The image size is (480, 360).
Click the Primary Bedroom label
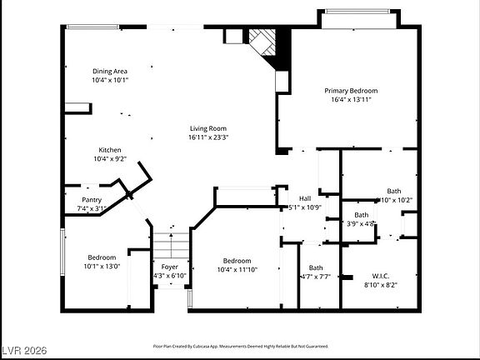point(351,90)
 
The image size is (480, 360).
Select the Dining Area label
point(108,72)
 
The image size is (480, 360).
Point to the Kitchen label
point(109,150)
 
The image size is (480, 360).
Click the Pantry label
point(92,200)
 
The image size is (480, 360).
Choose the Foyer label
point(170,267)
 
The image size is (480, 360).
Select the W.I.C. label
point(380,276)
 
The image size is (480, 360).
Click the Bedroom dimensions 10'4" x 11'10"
point(237,268)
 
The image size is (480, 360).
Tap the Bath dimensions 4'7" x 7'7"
point(315,276)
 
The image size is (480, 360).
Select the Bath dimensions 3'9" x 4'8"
point(361,222)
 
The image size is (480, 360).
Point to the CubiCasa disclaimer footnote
point(240,344)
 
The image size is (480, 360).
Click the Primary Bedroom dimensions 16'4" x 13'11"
point(351,99)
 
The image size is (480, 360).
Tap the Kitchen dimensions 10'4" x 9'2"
point(109,158)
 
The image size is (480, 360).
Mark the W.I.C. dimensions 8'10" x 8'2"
point(380,284)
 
